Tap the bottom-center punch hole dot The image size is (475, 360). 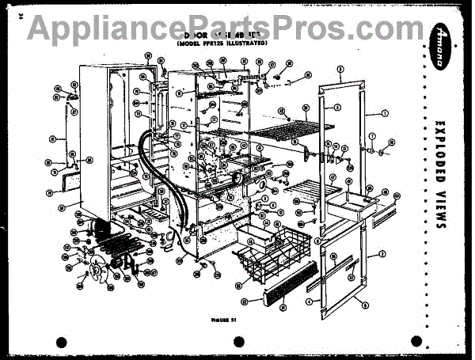click(237, 342)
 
